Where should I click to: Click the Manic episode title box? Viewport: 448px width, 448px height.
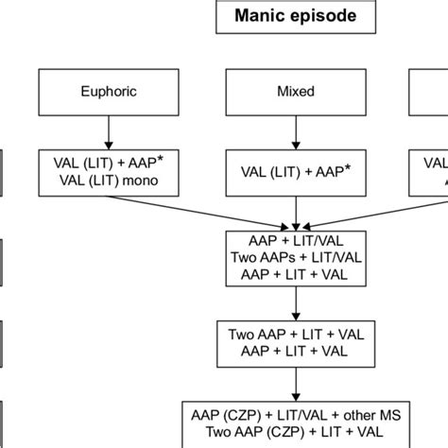(298, 18)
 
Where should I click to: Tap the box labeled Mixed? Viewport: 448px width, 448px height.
(298, 93)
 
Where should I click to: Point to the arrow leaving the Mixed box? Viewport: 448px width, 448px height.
(298, 129)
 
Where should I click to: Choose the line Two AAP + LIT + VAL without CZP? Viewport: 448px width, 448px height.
(298, 334)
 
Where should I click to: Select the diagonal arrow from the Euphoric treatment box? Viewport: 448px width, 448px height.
(208, 210)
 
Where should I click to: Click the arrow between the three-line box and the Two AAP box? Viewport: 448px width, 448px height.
(298, 302)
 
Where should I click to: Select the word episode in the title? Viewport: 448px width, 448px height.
(324, 18)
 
